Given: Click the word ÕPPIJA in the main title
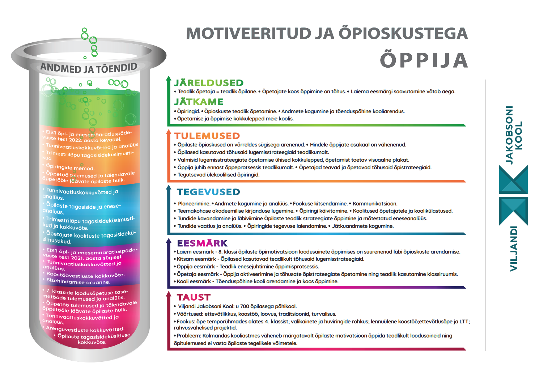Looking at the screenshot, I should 424,60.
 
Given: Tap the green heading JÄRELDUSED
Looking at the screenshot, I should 209,83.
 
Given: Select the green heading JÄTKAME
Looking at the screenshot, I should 199,102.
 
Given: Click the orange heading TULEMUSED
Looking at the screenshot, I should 207,136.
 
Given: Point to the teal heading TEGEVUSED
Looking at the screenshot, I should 208,192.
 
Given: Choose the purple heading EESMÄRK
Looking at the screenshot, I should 202,243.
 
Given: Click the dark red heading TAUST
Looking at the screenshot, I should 194,297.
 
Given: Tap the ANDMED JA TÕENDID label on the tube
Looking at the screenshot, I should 89,68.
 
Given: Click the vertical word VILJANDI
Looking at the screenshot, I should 514,249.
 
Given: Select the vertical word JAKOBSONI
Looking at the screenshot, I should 509,135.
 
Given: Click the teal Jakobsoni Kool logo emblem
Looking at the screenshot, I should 513,195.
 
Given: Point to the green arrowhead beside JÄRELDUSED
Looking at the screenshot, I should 169,79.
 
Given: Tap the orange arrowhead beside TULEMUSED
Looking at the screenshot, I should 169,132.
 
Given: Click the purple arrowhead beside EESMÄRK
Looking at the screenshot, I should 169,240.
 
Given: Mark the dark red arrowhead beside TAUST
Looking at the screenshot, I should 169,294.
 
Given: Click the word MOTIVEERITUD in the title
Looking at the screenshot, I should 249,34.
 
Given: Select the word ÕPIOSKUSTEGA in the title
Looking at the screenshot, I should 403,34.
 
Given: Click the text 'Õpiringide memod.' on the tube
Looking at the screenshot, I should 70,167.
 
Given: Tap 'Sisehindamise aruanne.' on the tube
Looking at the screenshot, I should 78,281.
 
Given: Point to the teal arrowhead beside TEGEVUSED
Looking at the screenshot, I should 169,187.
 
